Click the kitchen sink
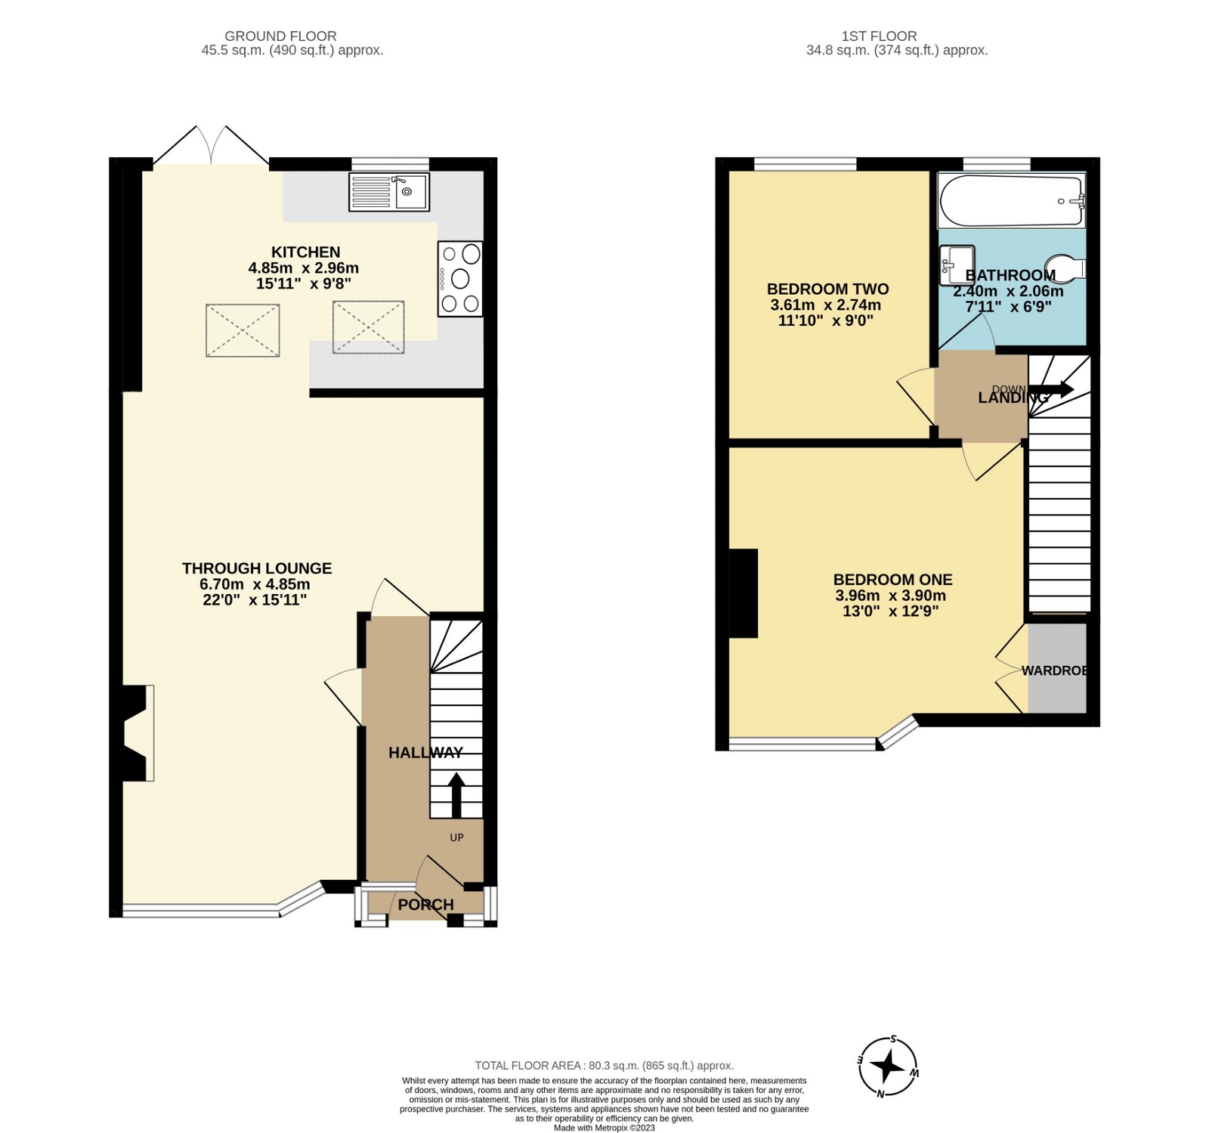tap(389, 192)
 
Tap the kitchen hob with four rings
tap(460, 279)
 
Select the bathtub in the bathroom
tap(1011, 200)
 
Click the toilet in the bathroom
tap(1067, 268)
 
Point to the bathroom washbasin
tap(957, 265)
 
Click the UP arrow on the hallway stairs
tap(456, 794)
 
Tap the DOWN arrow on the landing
tap(1053, 390)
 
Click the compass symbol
tap(888, 1066)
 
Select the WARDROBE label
tap(1055, 670)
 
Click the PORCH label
tap(425, 905)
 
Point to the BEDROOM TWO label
tap(827, 289)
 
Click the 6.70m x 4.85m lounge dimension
tap(255, 584)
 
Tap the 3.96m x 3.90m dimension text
tap(890, 596)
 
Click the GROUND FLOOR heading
tap(280, 36)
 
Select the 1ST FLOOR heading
tap(879, 36)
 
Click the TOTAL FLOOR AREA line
tap(604, 1066)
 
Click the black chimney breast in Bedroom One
tap(744, 593)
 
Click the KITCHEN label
tap(305, 252)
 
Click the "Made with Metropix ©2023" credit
tap(604, 1128)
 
